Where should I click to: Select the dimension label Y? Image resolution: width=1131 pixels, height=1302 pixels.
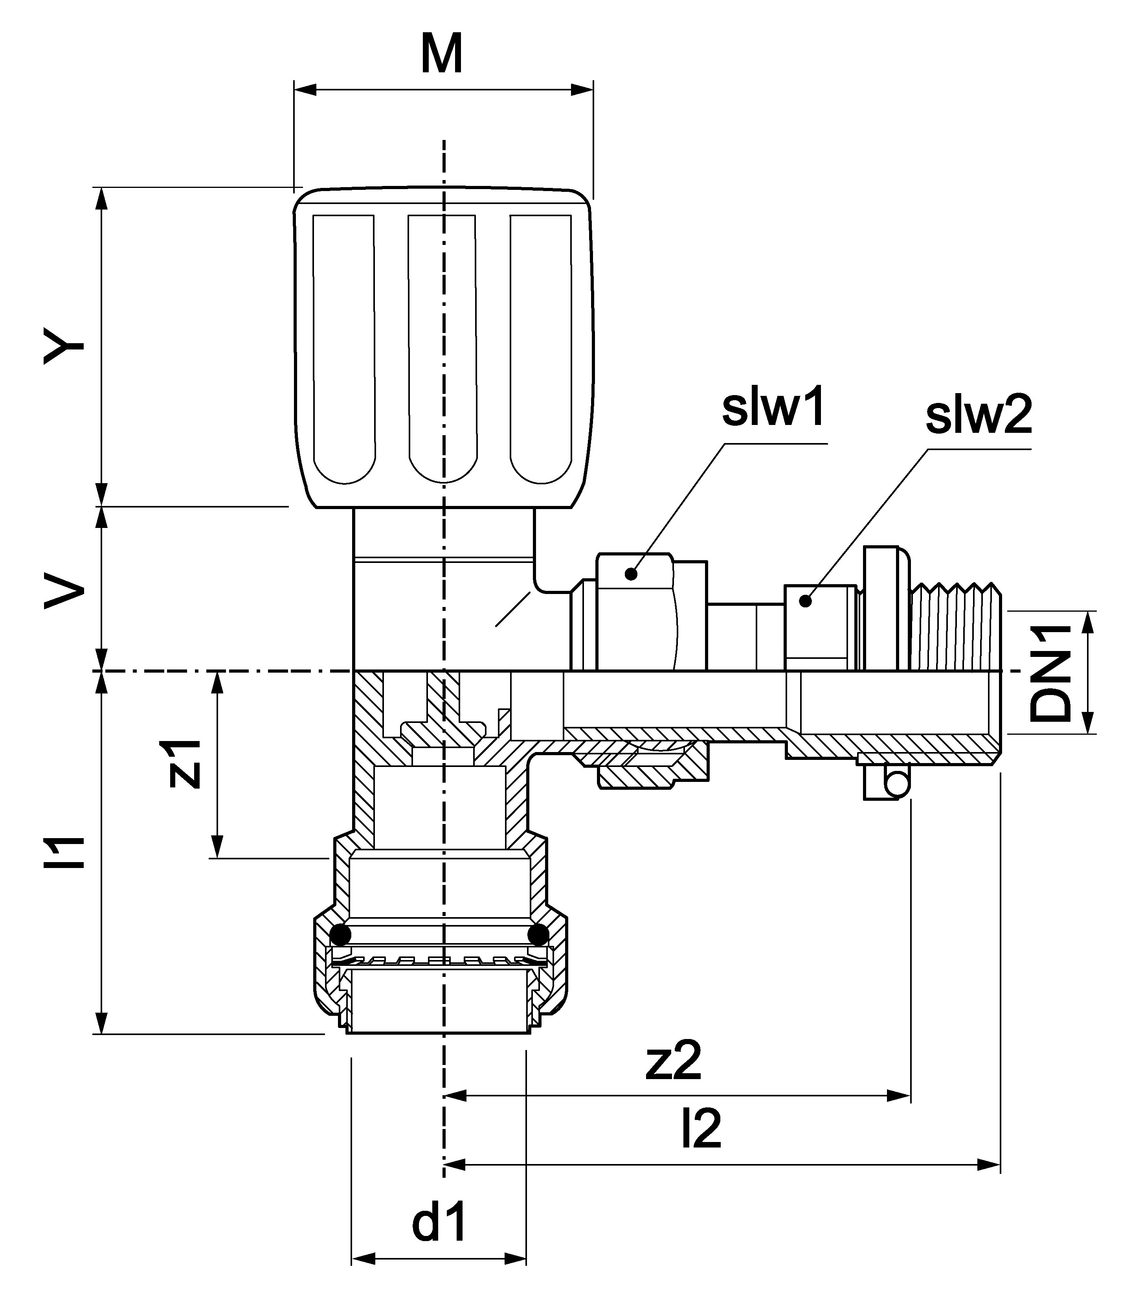click(64, 346)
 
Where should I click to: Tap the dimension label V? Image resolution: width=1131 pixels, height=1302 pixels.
click(64, 589)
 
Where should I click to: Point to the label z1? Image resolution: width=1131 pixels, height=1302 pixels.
click(185, 764)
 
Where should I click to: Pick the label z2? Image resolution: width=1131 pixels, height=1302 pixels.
click(674, 1063)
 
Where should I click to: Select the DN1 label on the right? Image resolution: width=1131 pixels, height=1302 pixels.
click(1052, 674)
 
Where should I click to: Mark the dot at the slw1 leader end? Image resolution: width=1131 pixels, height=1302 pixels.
click(630, 573)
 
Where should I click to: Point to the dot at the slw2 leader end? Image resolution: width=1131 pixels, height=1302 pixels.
click(805, 601)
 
